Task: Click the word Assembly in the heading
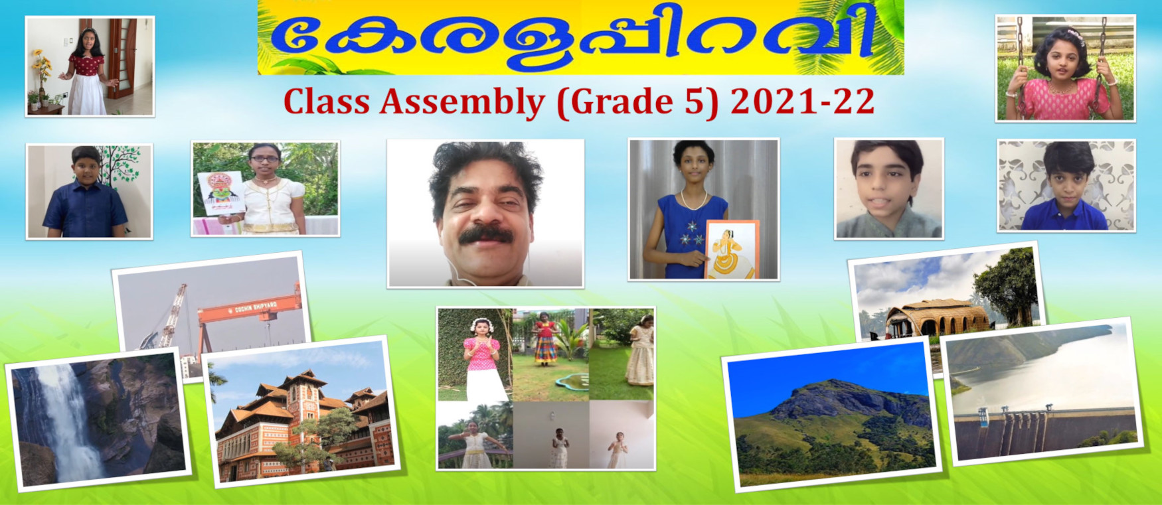[x=462, y=102]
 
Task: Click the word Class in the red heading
[x=327, y=102]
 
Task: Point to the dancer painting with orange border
[x=732, y=250]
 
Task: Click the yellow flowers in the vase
[x=42, y=66]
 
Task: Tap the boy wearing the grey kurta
[x=889, y=188]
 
